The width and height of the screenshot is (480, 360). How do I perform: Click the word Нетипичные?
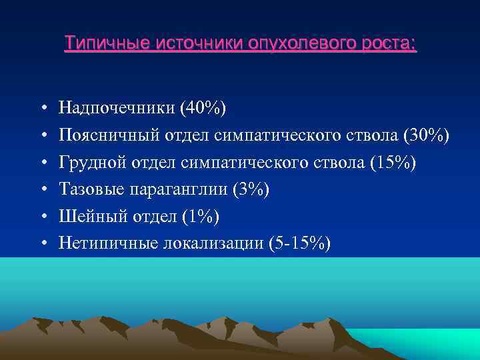point(107,244)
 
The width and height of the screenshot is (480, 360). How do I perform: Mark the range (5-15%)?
point(297,244)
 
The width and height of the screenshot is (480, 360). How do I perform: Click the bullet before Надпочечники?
point(42,108)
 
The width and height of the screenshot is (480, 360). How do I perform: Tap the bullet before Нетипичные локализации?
point(42,245)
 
